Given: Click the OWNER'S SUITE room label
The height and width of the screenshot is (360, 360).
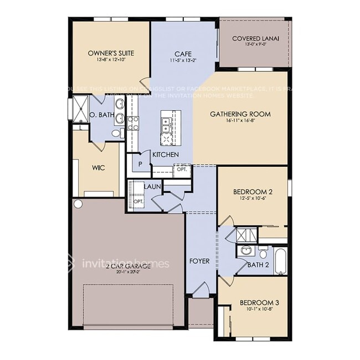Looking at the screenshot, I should (x=111, y=53).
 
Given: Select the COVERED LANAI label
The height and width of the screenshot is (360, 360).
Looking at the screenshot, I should (x=255, y=39).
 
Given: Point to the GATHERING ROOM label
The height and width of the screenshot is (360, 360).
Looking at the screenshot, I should (x=240, y=115).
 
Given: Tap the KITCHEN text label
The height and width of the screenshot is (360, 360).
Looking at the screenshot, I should (x=166, y=155).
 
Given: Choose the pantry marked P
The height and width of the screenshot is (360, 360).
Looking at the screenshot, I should (x=141, y=164).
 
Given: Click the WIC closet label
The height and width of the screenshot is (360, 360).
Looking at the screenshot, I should (x=98, y=167).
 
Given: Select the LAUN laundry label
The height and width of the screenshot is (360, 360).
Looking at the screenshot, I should (x=152, y=187).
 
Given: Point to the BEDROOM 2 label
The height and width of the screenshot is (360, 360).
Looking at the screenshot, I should (x=252, y=192).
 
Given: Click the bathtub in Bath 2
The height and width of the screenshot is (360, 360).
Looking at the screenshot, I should (x=280, y=261).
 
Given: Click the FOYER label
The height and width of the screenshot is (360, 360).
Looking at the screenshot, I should (x=199, y=261).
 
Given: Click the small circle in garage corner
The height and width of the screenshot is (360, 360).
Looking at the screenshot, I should (x=78, y=204).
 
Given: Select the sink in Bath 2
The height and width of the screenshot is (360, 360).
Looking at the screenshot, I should (x=246, y=251).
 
